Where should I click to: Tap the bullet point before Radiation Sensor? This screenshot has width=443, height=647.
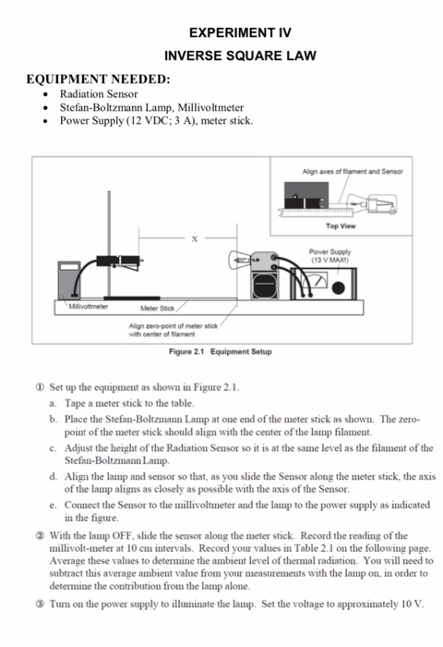46,94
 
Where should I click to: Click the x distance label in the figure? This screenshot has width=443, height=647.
194,239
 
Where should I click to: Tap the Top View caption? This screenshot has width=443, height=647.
341,225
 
